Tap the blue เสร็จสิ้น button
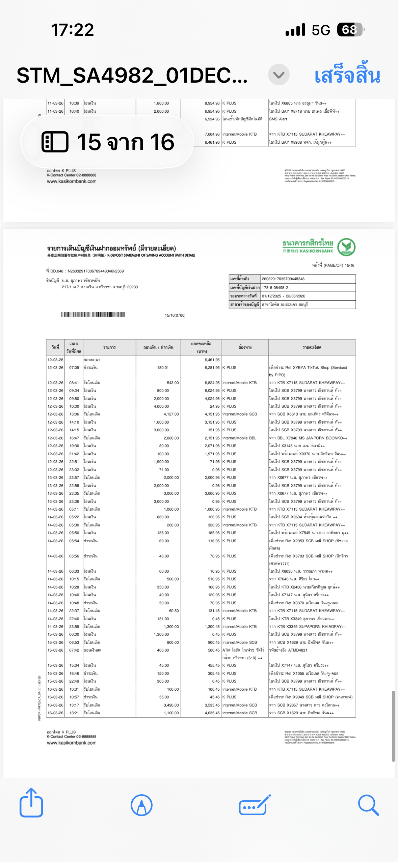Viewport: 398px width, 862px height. click(x=347, y=75)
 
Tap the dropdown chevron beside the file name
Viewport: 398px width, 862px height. click(x=278, y=75)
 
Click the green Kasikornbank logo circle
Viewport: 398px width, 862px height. click(x=346, y=247)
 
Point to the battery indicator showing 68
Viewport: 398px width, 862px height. click(x=350, y=30)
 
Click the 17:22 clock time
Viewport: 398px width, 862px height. click(x=72, y=30)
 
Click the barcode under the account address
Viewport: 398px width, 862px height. click(x=93, y=315)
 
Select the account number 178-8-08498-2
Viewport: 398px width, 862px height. click(x=275, y=288)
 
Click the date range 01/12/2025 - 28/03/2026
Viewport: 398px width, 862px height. click(x=283, y=296)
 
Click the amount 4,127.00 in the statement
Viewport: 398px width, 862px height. click(x=171, y=414)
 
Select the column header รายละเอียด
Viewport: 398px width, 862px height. click(x=312, y=347)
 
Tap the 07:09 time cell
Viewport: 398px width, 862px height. click(x=74, y=368)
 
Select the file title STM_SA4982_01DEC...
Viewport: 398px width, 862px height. click(x=132, y=75)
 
